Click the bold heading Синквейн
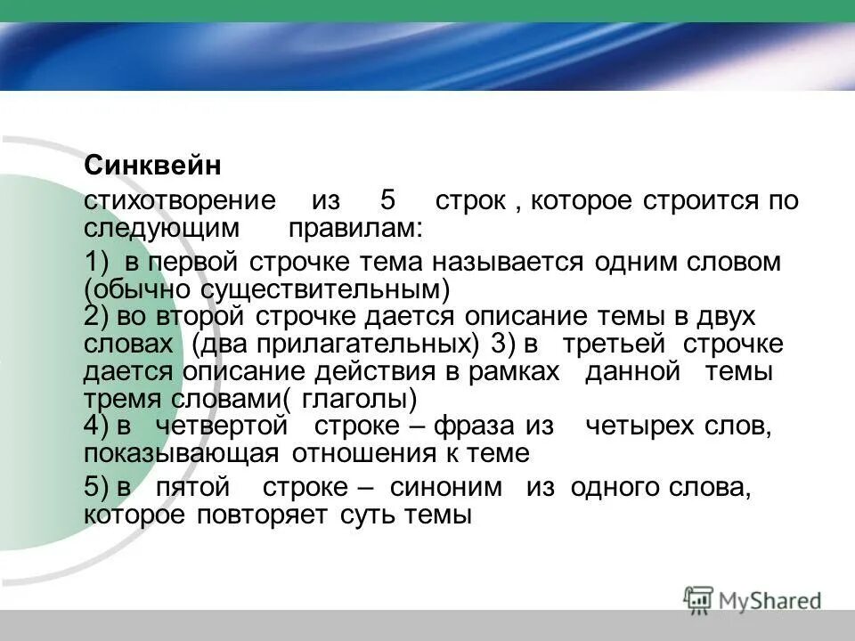pyautogui.click(x=152, y=166)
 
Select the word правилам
pyautogui.click(x=355, y=228)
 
